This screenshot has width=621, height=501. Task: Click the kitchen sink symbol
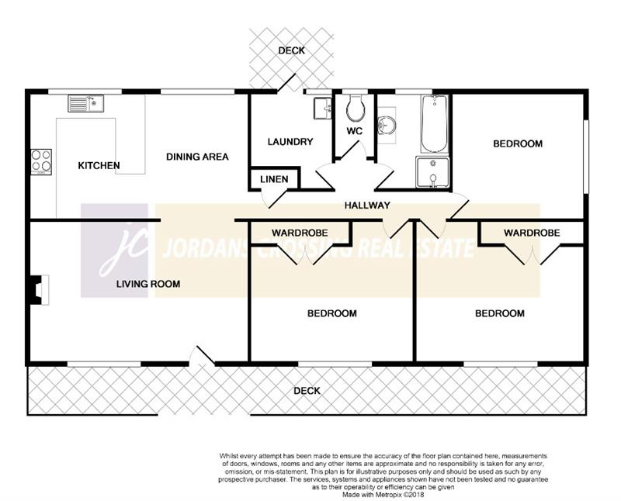(x=85, y=103)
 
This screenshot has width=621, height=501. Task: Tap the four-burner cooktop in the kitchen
(x=41, y=161)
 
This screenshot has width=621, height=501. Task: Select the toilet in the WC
(x=356, y=108)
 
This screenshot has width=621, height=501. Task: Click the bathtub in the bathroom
(x=434, y=123)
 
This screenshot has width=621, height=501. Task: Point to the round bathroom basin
(x=386, y=125)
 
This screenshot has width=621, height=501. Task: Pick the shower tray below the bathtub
(x=432, y=172)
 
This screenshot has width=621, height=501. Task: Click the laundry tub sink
(x=323, y=108)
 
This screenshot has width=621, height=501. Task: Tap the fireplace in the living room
(x=39, y=290)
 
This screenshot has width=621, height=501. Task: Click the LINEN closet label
(x=274, y=179)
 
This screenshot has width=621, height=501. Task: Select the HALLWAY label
(x=367, y=205)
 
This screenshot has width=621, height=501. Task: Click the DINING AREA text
(x=197, y=157)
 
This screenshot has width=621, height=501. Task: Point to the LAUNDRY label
(x=290, y=142)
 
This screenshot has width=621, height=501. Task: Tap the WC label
(x=355, y=131)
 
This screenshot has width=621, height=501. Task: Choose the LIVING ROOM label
(x=148, y=284)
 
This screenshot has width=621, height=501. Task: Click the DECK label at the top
(x=292, y=50)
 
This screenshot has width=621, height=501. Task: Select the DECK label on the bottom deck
(x=307, y=391)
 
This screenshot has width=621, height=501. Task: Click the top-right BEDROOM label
(x=518, y=143)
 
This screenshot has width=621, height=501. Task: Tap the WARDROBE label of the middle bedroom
(x=300, y=233)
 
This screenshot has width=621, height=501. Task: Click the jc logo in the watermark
(x=114, y=250)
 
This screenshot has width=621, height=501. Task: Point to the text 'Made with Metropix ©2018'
(x=383, y=495)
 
